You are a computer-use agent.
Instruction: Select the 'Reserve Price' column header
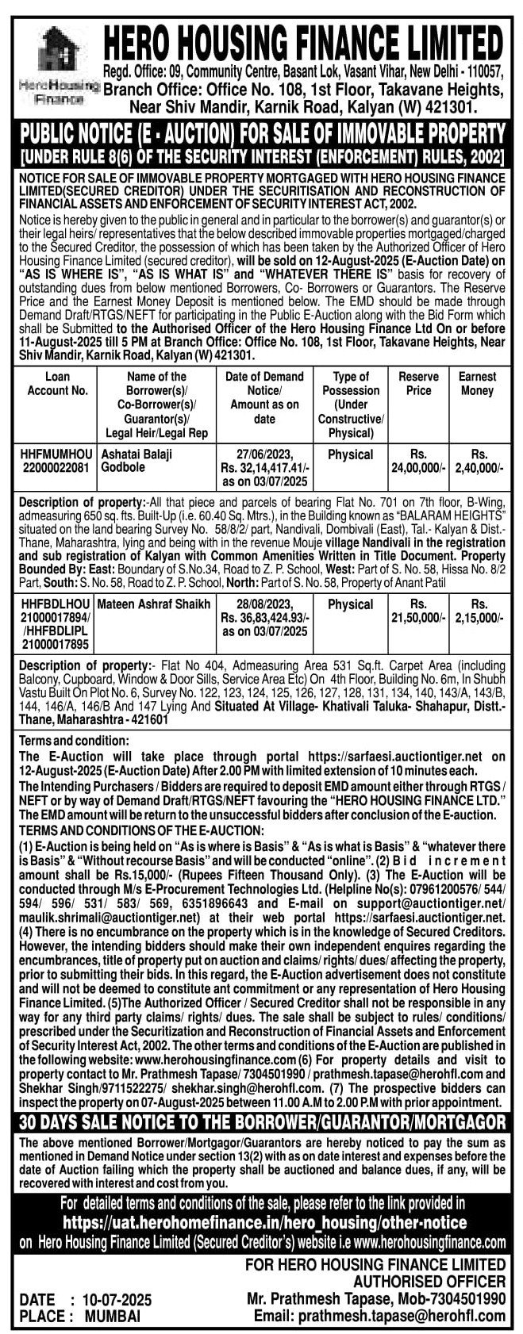pos(418,383)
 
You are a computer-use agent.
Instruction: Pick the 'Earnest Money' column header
pos(478,383)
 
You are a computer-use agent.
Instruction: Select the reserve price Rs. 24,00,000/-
pos(418,461)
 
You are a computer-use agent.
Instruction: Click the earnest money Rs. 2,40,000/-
pos(478,461)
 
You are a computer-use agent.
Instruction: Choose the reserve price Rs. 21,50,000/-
pos(418,611)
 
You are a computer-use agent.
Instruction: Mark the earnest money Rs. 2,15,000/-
pos(478,611)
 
